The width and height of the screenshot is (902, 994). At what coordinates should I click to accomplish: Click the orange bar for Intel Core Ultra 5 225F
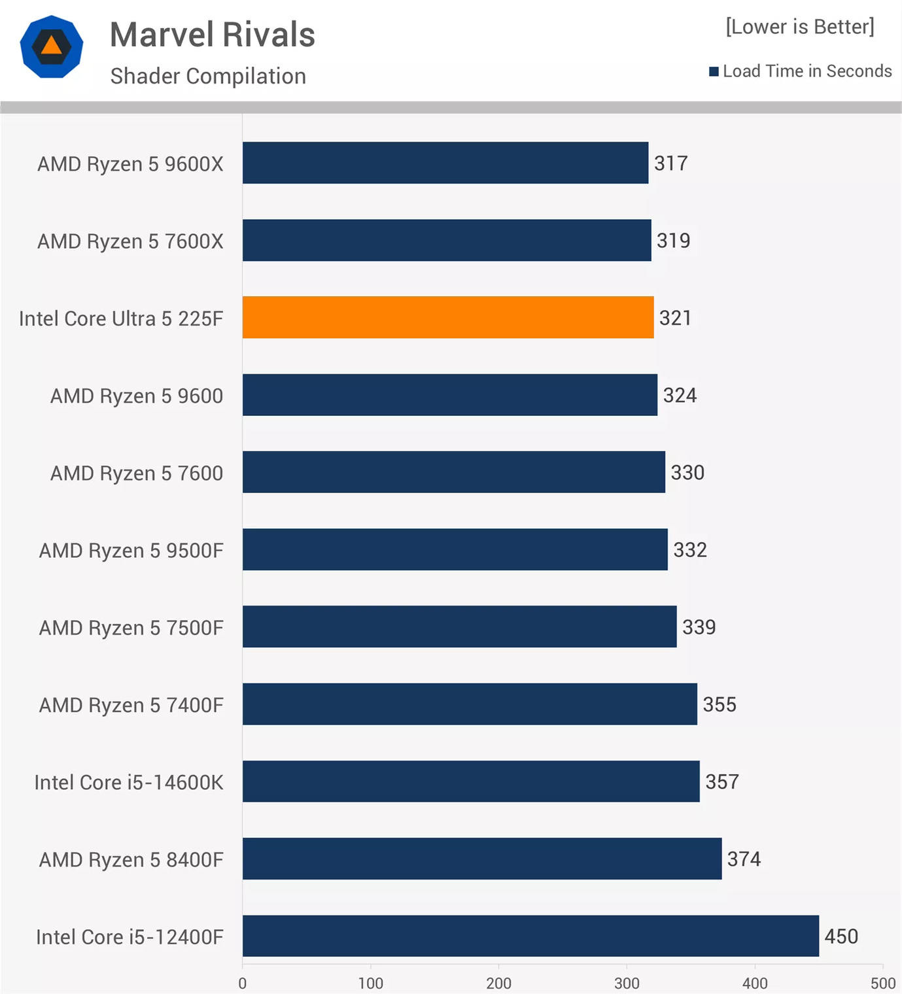448,317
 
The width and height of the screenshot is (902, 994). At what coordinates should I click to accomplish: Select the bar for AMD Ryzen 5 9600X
445,163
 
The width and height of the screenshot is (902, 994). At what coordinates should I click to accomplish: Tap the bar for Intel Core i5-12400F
530,936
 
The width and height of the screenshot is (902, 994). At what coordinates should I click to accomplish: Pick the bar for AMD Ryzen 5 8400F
482,859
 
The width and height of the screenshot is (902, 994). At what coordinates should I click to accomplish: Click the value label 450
841,936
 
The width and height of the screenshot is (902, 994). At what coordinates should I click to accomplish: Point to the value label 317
671,163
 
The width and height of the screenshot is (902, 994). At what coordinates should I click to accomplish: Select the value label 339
699,627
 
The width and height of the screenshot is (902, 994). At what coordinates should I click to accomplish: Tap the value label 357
721,781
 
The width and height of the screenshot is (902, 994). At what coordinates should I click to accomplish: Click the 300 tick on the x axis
627,983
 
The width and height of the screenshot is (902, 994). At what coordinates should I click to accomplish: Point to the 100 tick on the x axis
370,983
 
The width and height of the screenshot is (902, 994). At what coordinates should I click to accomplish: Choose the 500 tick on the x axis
882,983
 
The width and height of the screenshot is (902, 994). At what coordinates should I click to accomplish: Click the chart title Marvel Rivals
213,35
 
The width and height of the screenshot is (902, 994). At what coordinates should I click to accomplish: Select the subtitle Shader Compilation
208,76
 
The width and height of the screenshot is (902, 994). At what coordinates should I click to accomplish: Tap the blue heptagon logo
52,47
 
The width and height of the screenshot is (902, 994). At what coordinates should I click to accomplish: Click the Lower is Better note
799,27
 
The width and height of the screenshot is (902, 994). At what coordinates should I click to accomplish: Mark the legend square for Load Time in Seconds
714,71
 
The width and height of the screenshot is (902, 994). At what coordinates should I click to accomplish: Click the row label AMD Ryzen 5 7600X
130,241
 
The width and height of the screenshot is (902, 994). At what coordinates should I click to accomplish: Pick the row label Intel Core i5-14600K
129,782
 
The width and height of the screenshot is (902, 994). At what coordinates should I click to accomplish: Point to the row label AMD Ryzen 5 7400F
131,705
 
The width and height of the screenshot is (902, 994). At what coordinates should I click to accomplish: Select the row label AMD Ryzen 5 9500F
131,551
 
